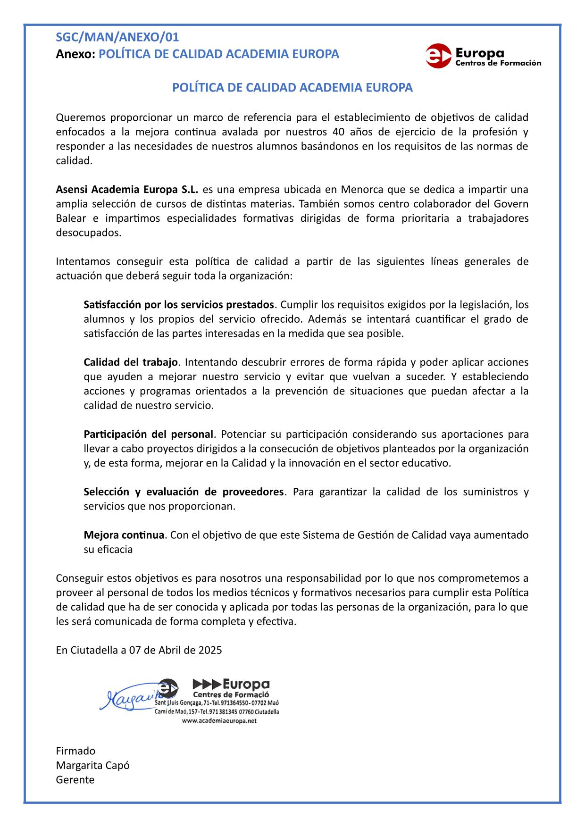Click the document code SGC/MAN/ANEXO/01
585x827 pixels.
click(117, 37)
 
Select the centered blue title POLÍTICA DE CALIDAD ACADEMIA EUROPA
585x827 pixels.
click(292, 88)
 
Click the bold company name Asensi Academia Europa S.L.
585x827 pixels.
click(127, 190)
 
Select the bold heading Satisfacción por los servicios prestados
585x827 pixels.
click(179, 304)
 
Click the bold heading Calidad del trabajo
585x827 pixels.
click(131, 362)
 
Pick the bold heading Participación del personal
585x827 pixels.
click(149, 434)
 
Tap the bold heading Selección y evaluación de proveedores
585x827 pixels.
click(184, 492)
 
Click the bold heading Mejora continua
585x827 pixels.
click(124, 535)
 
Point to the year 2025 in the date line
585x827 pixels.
click(210, 651)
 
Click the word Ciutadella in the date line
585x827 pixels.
click(94, 651)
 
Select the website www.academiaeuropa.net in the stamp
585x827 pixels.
click(219, 721)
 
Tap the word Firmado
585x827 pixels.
click(75, 751)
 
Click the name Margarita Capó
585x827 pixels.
click(92, 765)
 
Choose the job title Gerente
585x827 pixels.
click(75, 780)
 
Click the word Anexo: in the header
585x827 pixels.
click(75, 54)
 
